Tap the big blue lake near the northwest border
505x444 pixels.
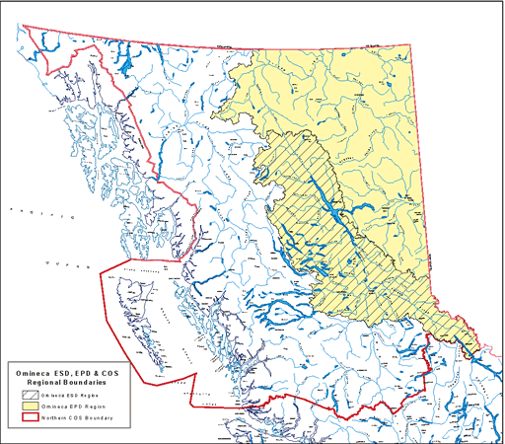[126, 69]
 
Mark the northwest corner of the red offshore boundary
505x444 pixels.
[99, 268]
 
